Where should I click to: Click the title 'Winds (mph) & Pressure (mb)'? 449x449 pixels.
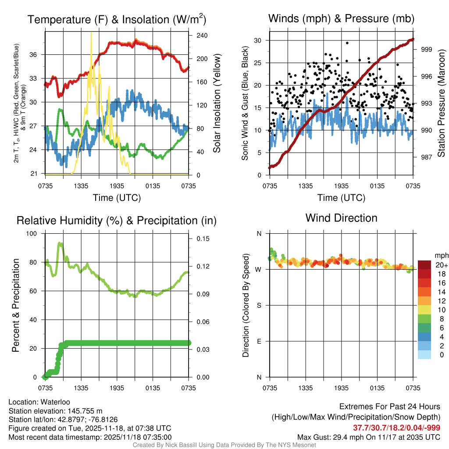coord(341,19)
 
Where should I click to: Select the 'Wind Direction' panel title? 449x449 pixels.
coord(341,218)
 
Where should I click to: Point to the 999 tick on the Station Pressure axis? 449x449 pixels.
coord(427,50)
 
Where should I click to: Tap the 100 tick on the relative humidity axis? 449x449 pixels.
coord(33,233)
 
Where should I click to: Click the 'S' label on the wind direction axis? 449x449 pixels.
coord(259,305)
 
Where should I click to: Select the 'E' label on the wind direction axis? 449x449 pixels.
coord(259,341)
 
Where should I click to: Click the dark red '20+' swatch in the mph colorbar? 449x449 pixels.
coord(424,265)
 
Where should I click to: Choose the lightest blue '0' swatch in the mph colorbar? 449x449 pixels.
coord(424,355)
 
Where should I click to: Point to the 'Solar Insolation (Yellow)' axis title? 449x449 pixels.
coord(217,103)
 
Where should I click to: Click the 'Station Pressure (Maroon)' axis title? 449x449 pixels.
coord(441,103)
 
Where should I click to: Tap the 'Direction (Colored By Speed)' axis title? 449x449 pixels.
coord(246,305)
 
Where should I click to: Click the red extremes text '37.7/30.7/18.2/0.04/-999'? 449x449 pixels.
coord(396,428)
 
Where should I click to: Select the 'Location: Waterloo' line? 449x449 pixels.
coord(39,402)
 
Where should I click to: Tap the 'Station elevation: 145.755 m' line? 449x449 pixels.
coord(55,411)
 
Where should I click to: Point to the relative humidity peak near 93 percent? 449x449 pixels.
coord(60,243)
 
